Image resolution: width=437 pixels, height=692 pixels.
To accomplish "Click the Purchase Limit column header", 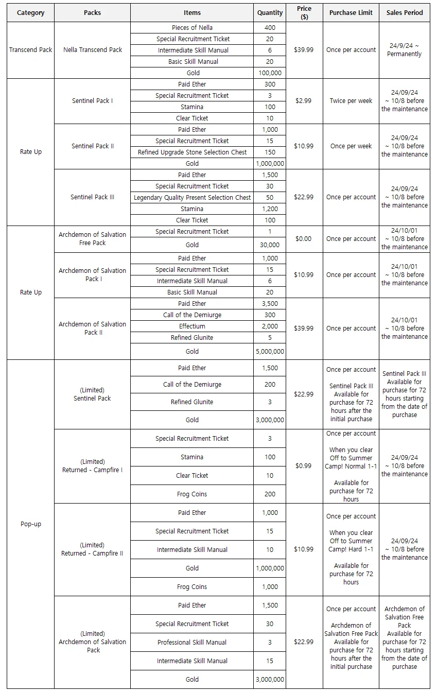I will click(351, 12).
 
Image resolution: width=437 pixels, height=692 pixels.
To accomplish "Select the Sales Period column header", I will click(405, 12).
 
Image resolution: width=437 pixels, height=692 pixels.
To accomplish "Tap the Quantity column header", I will click(270, 12).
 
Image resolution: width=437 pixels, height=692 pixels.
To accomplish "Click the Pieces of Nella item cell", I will click(192, 28).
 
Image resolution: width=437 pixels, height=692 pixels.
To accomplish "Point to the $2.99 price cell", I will click(304, 101).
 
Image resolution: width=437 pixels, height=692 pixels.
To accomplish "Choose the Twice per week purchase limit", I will click(351, 101).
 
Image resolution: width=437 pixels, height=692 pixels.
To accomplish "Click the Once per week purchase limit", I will click(351, 146).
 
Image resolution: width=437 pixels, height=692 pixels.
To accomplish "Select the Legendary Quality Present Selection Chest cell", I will click(192, 198).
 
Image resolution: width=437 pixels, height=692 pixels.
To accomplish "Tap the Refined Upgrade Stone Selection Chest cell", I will click(192, 152).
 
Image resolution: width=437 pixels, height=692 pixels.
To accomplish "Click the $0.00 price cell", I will click(304, 239).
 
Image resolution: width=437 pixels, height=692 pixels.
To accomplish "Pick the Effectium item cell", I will click(192, 326).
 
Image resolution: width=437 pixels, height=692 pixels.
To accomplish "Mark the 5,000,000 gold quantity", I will click(270, 352).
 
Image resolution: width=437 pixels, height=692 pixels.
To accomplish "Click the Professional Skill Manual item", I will click(192, 643).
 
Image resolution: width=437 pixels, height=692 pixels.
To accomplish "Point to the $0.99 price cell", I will click(304, 466).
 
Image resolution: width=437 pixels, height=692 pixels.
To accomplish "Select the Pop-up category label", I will click(31, 524).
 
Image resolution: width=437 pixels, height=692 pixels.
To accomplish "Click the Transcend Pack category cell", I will click(31, 50).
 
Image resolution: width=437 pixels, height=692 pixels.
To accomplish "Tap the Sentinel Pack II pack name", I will click(93, 146).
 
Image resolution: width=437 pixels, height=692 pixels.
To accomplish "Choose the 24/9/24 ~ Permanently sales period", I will click(405, 50).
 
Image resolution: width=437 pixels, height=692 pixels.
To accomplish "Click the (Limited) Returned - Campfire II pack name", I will click(93, 549).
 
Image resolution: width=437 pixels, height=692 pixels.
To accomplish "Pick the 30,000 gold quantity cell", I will click(270, 245).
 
